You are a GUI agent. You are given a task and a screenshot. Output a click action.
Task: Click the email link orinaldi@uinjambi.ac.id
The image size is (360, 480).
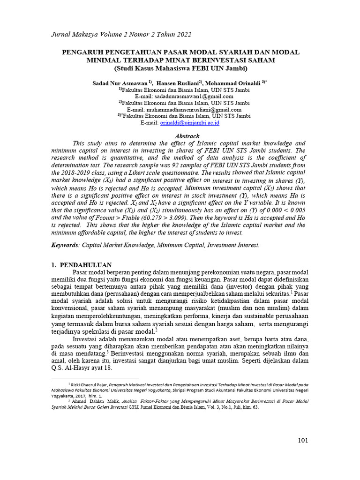[x=190, y=123]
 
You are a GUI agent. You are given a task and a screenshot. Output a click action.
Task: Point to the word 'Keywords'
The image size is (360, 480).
[x=65, y=245]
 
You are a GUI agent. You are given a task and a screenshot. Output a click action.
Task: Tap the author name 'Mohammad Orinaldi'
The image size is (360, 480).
[x=234, y=82]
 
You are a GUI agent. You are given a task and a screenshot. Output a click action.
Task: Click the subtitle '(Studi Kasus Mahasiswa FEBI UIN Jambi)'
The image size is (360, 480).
[x=180, y=68]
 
